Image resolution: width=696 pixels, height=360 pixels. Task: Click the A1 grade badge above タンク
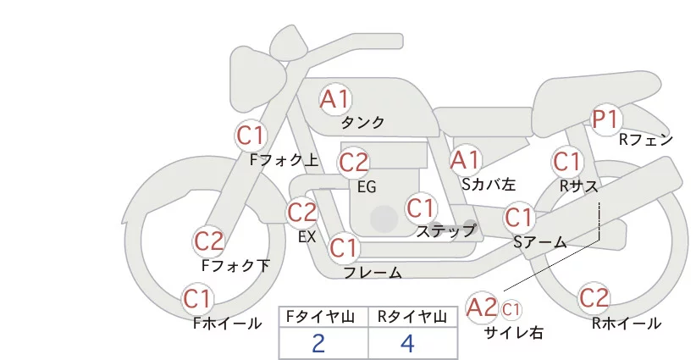[335, 99]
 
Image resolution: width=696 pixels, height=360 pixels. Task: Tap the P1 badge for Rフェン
[606, 119]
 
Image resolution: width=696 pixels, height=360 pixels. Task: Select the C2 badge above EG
[353, 161]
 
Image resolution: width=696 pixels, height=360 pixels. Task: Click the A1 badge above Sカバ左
[465, 159]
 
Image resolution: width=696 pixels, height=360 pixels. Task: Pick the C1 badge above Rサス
[566, 160]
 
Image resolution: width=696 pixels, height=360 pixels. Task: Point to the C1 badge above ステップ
[421, 207]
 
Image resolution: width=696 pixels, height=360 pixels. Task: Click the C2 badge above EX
[302, 212]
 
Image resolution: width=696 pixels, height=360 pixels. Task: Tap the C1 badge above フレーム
[344, 248]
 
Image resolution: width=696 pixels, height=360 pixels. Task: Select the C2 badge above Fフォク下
[209, 241]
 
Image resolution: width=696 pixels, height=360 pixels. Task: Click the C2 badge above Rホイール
[594, 297]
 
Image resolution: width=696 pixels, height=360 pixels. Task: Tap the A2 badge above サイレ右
[483, 307]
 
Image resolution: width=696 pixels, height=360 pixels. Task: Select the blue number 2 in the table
[318, 343]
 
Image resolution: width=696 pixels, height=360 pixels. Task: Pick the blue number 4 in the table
[408, 343]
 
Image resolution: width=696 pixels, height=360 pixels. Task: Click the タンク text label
[362, 122]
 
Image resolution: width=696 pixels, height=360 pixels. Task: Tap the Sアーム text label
[539, 241]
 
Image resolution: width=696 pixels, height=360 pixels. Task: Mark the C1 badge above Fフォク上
[251, 135]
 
